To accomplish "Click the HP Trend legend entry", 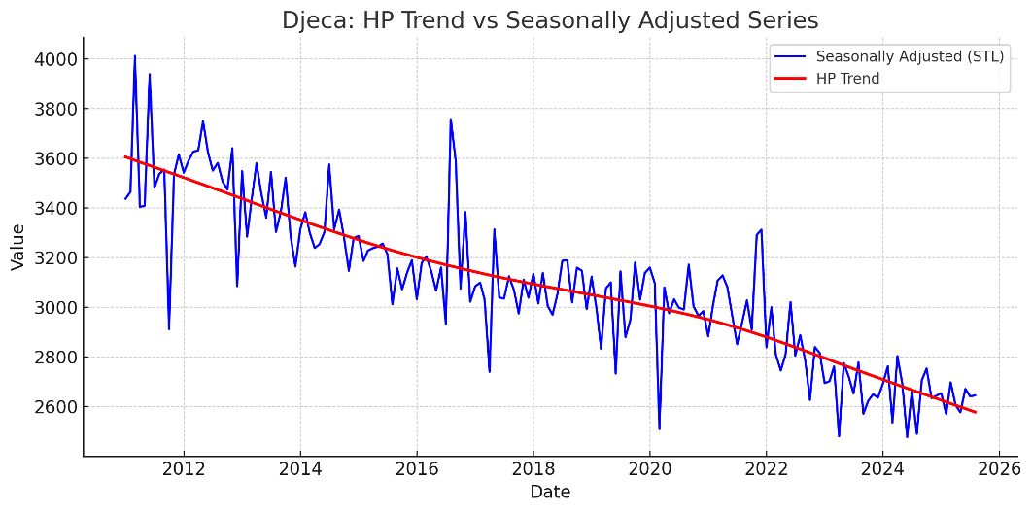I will click(847, 79).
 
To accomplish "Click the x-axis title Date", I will click(550, 493).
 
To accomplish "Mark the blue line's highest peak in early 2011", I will click(135, 55).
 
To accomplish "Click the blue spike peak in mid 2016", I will click(450, 119).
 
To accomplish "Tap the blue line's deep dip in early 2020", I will click(659, 428).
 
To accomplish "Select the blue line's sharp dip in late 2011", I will click(169, 329).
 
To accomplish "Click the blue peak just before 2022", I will click(761, 229).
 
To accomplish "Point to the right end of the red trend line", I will click(976, 412).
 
